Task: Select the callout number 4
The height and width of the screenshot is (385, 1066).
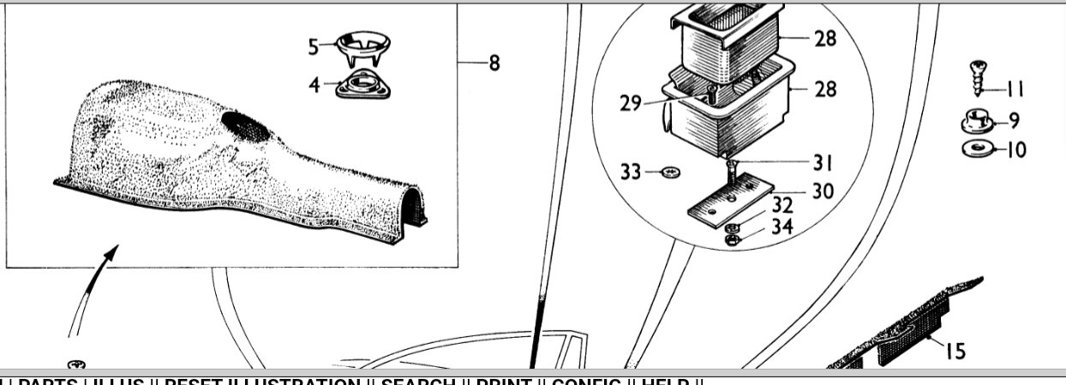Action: coord(315,86)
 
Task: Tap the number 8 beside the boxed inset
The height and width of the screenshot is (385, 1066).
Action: coord(494,63)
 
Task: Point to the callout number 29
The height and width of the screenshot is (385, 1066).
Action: coord(631,104)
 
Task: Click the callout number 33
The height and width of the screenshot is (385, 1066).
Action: coord(631,173)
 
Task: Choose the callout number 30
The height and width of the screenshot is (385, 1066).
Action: coord(823,191)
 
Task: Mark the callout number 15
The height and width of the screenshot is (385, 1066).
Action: coord(955,350)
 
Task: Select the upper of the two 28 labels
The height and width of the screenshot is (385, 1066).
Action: coord(825,38)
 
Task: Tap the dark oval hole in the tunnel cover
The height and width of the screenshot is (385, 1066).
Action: coord(246,126)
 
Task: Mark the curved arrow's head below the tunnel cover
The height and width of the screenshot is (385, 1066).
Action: coord(111,252)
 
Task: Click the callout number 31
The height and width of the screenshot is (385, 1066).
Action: coord(823,163)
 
